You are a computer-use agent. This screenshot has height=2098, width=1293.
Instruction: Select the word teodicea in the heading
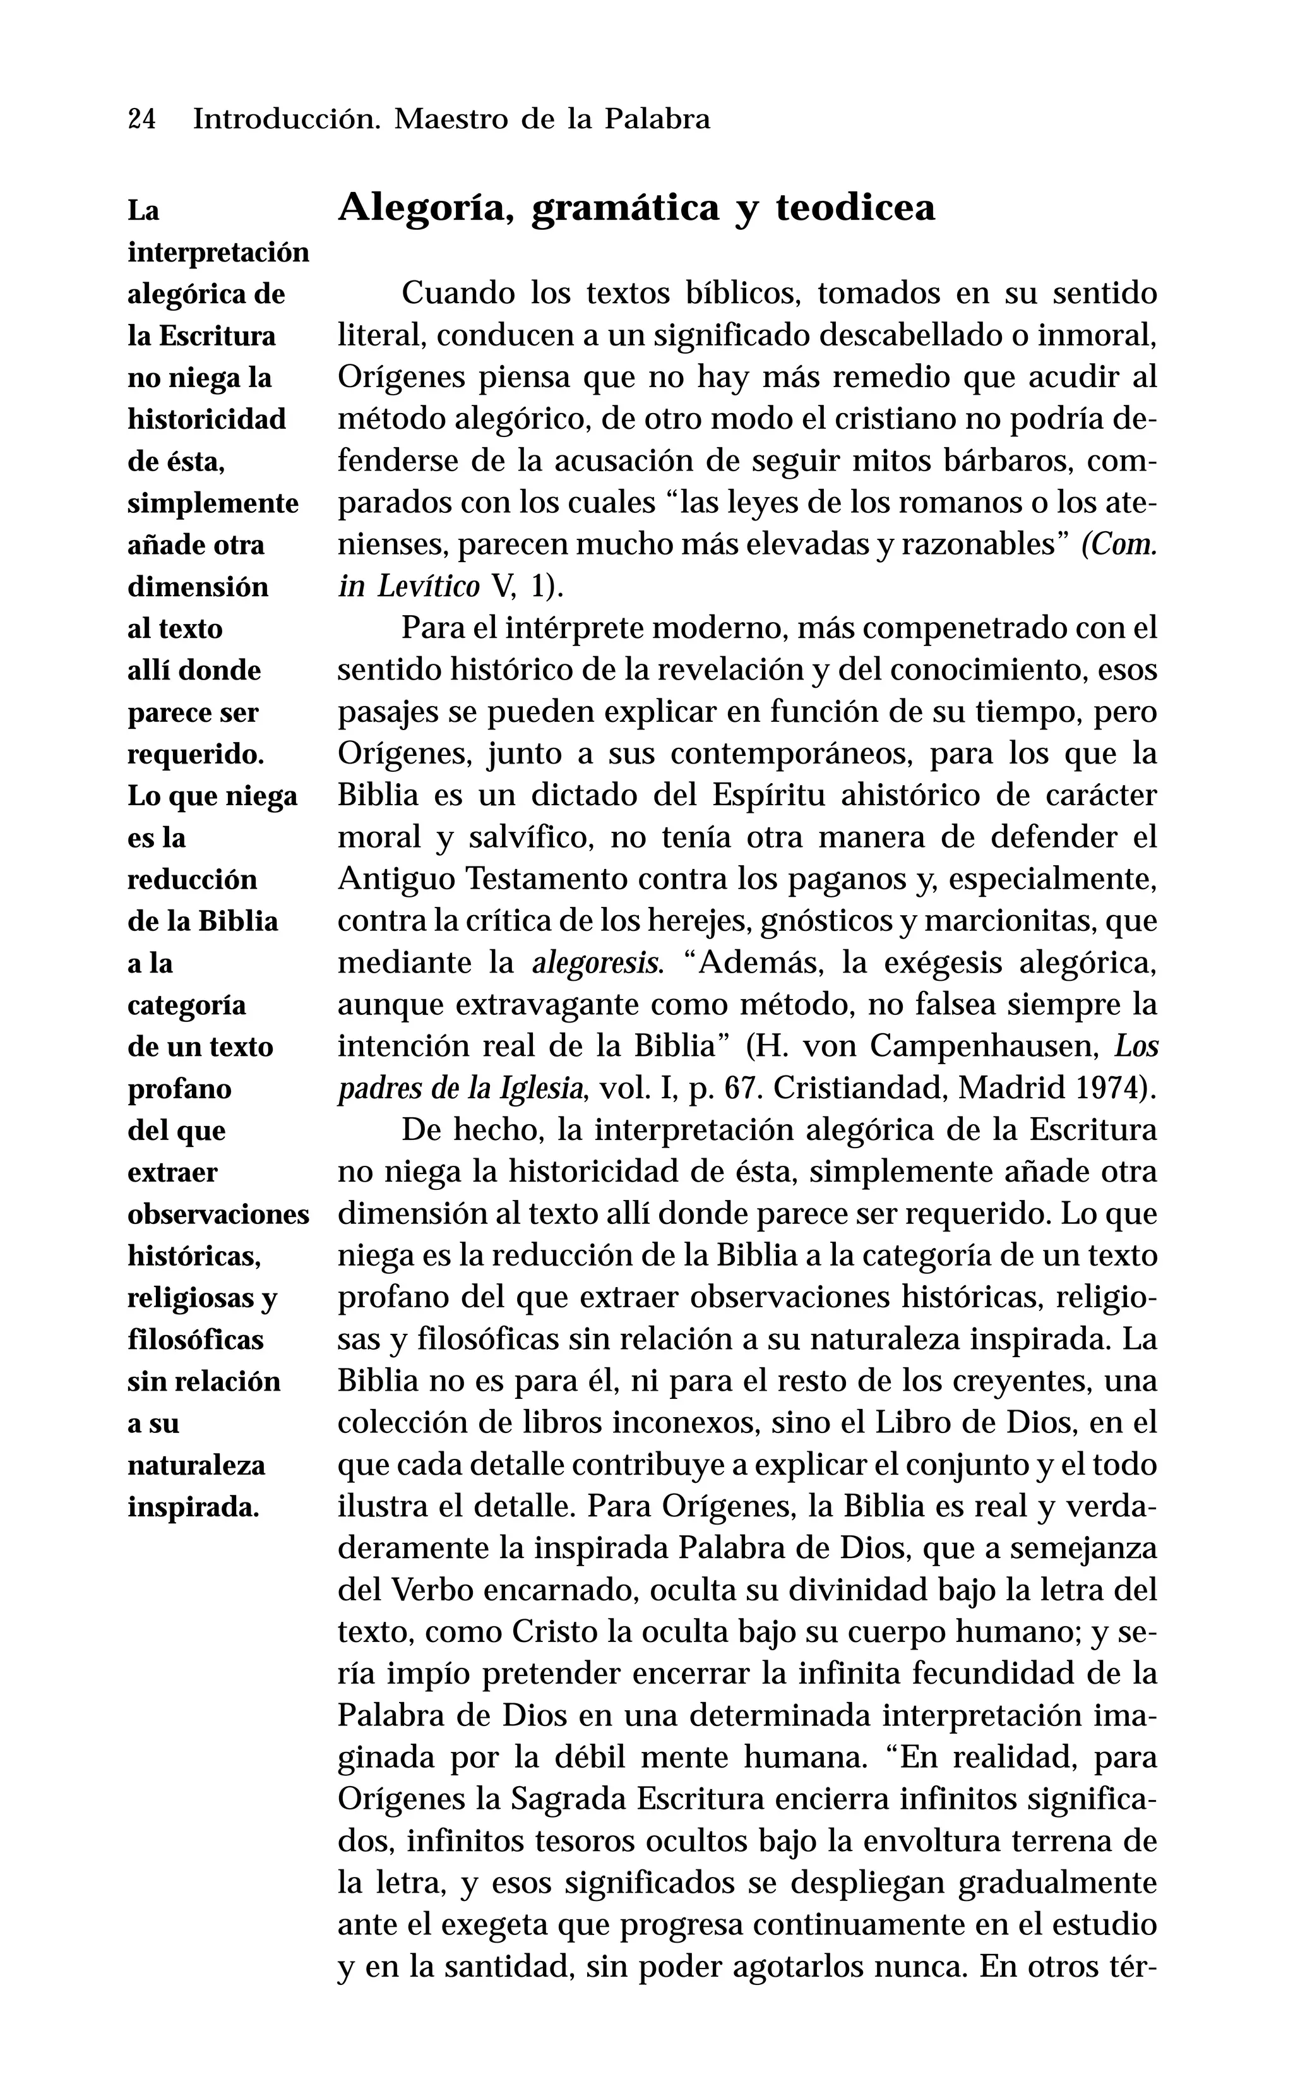coord(855,208)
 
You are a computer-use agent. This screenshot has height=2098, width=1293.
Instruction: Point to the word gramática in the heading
coord(624,208)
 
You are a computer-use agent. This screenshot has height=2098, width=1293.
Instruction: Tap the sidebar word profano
coord(179,1089)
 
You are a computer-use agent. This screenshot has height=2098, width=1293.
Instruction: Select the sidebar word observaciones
coord(218,1214)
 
